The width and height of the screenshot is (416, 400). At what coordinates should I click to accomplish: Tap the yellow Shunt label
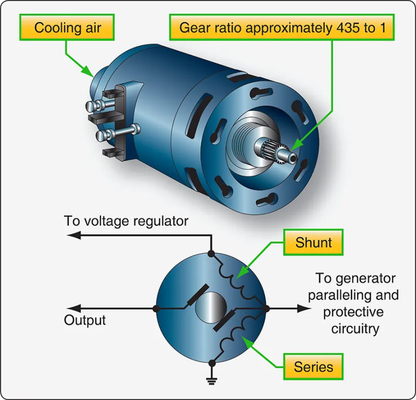coord(313,242)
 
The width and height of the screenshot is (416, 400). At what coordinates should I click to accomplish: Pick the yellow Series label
coord(313,367)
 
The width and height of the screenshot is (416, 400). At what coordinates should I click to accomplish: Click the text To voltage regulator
coord(126,221)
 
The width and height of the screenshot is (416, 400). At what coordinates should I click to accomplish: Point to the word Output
coord(85,320)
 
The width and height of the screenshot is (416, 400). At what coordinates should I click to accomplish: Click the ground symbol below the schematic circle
coord(211,381)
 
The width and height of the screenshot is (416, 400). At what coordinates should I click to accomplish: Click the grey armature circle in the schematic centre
coord(210,308)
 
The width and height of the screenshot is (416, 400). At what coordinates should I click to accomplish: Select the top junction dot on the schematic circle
coord(211,252)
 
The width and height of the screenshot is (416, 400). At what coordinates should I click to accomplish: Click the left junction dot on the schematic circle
coord(156,308)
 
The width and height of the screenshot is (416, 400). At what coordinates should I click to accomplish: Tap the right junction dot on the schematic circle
coord(266,308)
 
